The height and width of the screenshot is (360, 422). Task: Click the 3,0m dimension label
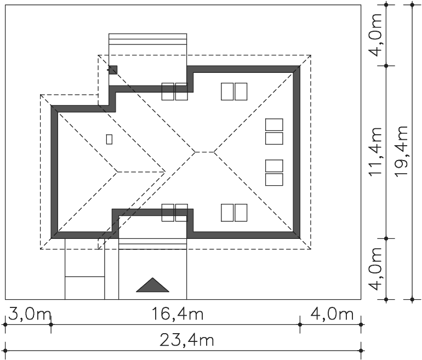(x=30, y=314)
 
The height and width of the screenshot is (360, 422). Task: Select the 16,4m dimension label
(x=178, y=314)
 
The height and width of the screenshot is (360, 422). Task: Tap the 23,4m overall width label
(x=187, y=340)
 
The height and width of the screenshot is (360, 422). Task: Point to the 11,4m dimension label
(x=375, y=152)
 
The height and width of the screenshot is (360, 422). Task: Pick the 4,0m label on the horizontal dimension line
(x=332, y=314)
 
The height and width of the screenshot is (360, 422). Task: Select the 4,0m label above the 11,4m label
(x=376, y=35)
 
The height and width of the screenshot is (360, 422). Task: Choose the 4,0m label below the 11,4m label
(x=376, y=269)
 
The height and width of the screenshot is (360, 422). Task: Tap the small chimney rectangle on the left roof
(x=109, y=139)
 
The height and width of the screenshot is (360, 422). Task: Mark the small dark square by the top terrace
(x=113, y=70)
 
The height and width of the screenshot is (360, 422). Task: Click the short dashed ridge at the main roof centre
(x=204, y=152)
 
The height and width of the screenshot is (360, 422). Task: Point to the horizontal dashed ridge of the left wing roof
(x=141, y=172)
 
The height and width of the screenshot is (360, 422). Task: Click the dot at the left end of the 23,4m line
(x=5, y=351)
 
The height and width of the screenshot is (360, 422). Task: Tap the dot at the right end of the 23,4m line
(x=361, y=351)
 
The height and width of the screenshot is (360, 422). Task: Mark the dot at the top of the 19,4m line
(x=412, y=4)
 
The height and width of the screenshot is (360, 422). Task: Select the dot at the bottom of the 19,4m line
(x=412, y=299)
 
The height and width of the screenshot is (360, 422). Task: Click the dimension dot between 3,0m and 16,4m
(x=51, y=324)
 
